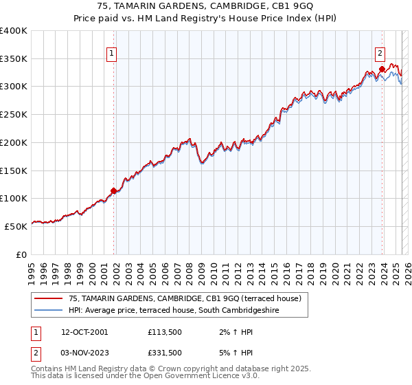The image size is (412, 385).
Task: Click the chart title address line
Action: (205, 7)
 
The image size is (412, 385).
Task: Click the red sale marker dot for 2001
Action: (114, 191)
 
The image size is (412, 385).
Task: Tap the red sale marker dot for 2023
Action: (381, 69)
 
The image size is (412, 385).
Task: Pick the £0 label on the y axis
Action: (21, 254)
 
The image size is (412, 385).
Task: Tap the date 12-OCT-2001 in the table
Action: (84, 332)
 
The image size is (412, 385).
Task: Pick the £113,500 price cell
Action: (163, 332)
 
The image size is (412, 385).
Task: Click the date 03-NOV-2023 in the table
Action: (84, 353)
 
